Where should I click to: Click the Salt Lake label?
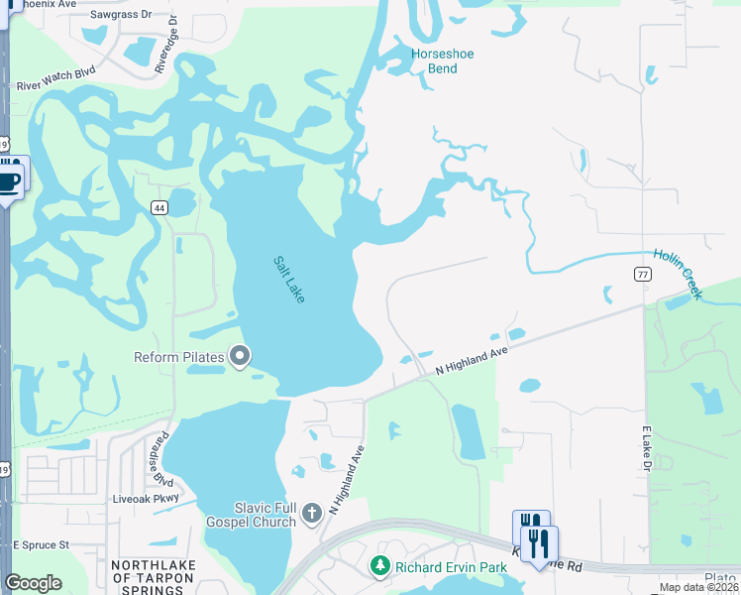point(290,281)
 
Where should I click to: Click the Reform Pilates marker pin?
point(240,356)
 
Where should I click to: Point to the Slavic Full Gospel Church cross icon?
point(312,513)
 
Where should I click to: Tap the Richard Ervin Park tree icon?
point(379,566)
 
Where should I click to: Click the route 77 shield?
point(644,274)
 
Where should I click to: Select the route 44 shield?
point(159,207)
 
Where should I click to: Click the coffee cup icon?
point(9,180)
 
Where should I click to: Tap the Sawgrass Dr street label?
point(121,15)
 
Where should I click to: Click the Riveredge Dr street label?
point(174,39)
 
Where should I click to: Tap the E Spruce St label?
point(41,545)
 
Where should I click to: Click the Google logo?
point(33,583)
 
